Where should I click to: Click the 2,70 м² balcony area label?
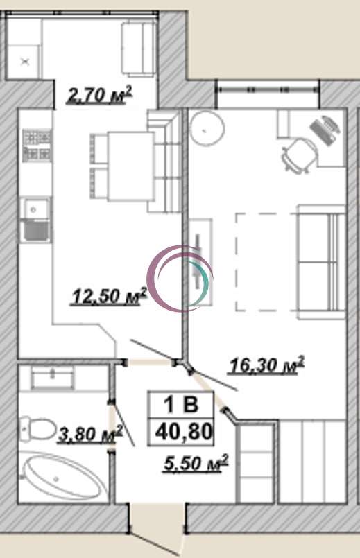[99, 95]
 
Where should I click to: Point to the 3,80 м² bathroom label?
[90, 434]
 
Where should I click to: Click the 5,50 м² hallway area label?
[196, 463]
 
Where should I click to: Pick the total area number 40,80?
[184, 432]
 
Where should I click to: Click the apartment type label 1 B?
[181, 405]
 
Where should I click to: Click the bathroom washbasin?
[53, 377]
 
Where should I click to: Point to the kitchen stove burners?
[37, 145]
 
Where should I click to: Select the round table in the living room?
[207, 128]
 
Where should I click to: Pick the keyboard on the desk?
[325, 130]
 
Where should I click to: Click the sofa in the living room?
[321, 262]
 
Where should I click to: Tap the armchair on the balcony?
[139, 49]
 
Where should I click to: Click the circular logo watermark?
[180, 278]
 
